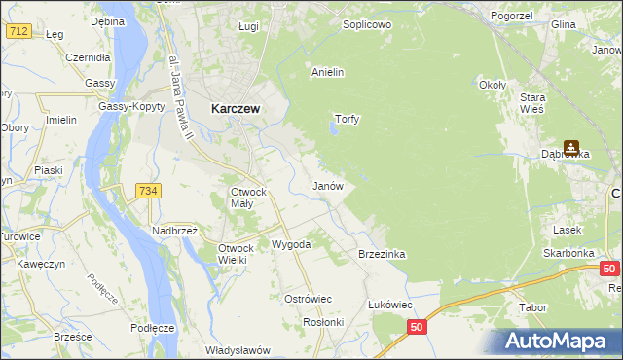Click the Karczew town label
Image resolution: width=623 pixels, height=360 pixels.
click(235, 110)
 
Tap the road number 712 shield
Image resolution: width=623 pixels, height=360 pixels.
click(18, 31)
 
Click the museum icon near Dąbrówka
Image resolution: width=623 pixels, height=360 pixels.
click(571, 148)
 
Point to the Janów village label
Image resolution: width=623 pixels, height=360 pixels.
click(326, 185)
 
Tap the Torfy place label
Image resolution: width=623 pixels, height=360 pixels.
click(348, 120)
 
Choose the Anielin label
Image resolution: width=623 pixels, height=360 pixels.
click(328, 72)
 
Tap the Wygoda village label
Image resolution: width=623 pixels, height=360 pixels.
click(291, 244)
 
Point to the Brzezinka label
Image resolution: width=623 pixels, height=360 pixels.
click(382, 254)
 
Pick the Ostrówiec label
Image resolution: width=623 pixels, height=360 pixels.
click(308, 299)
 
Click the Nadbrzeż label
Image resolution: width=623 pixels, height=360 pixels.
click(175, 231)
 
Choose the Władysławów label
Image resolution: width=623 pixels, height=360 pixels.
click(237, 350)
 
